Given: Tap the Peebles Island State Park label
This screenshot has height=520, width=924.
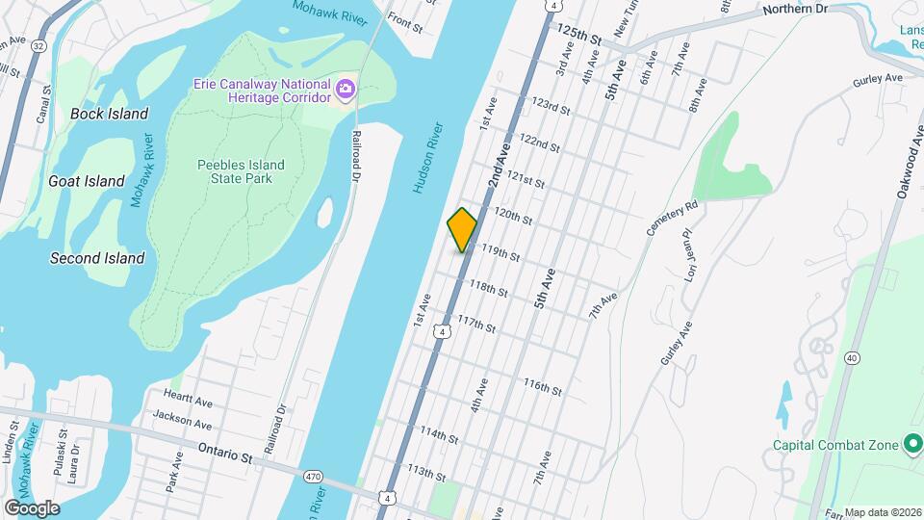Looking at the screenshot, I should pos(241,171).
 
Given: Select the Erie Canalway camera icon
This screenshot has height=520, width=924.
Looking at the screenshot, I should pos(346,91).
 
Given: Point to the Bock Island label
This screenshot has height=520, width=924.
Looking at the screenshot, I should pos(110,114).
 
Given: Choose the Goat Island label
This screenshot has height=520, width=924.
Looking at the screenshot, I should pos(87,181).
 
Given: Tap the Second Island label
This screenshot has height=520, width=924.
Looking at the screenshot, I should pos(97,258).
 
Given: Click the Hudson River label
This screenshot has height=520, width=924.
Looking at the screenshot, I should pos(430,158).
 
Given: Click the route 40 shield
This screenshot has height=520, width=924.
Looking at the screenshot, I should pos(853,357).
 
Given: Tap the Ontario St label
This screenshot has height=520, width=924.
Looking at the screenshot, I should pos(224,453).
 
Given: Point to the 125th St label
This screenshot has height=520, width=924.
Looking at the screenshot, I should pos(578,36).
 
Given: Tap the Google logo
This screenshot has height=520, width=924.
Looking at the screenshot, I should pos(32,508).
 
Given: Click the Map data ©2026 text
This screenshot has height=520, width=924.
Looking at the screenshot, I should pos(883,513).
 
